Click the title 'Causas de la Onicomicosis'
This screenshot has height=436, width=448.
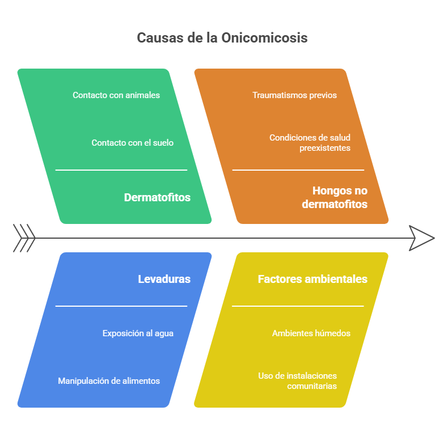pyautogui.click(x=222, y=38)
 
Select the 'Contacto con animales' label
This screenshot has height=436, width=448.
pyautogui.click(x=116, y=95)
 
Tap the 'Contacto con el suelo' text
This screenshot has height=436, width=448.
pyautogui.click(x=133, y=143)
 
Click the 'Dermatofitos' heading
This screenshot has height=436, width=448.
pyautogui.click(x=157, y=197)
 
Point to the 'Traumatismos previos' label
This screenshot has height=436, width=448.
pyautogui.click(x=294, y=95)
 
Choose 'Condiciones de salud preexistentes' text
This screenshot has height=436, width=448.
pyautogui.click(x=310, y=143)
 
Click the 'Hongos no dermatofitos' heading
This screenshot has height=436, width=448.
pyautogui.click(x=335, y=197)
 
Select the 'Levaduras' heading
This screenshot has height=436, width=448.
pyautogui.click(x=164, y=279)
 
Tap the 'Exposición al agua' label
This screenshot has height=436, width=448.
pyautogui.click(x=138, y=333)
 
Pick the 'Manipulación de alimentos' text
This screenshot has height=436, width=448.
pyautogui.click(x=109, y=381)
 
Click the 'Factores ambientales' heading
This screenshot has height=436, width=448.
pyautogui.click(x=312, y=279)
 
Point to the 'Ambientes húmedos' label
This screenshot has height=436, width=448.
pyautogui.click(x=311, y=333)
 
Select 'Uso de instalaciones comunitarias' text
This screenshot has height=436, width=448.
pyautogui.click(x=297, y=381)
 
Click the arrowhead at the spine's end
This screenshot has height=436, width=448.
pyautogui.click(x=422, y=238)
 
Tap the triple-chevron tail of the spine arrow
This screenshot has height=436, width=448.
pyautogui.click(x=24, y=238)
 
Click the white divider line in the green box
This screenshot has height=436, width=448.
pyautogui.click(x=121, y=170)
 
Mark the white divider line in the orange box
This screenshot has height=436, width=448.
pyautogui.click(x=298, y=170)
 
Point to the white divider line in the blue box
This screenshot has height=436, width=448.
pyautogui.click(x=121, y=306)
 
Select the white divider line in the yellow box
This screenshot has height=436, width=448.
pyautogui.click(x=298, y=306)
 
